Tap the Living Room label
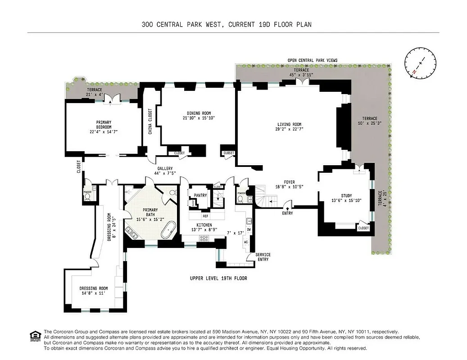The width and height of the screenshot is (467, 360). (289, 124)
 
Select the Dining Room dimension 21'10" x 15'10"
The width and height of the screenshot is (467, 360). (199, 118)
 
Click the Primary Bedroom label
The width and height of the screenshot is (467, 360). (103, 122)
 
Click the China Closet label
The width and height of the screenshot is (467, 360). (150, 121)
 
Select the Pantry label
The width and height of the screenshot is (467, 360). (200, 195)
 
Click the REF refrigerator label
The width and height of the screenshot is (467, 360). (205, 216)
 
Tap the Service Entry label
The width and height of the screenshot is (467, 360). (263, 257)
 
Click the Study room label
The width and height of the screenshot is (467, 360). (346, 195)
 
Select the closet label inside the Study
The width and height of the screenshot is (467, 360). (363, 228)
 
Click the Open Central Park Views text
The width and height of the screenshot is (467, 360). (313, 60)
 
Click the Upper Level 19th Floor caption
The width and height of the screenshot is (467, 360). (218, 279)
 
